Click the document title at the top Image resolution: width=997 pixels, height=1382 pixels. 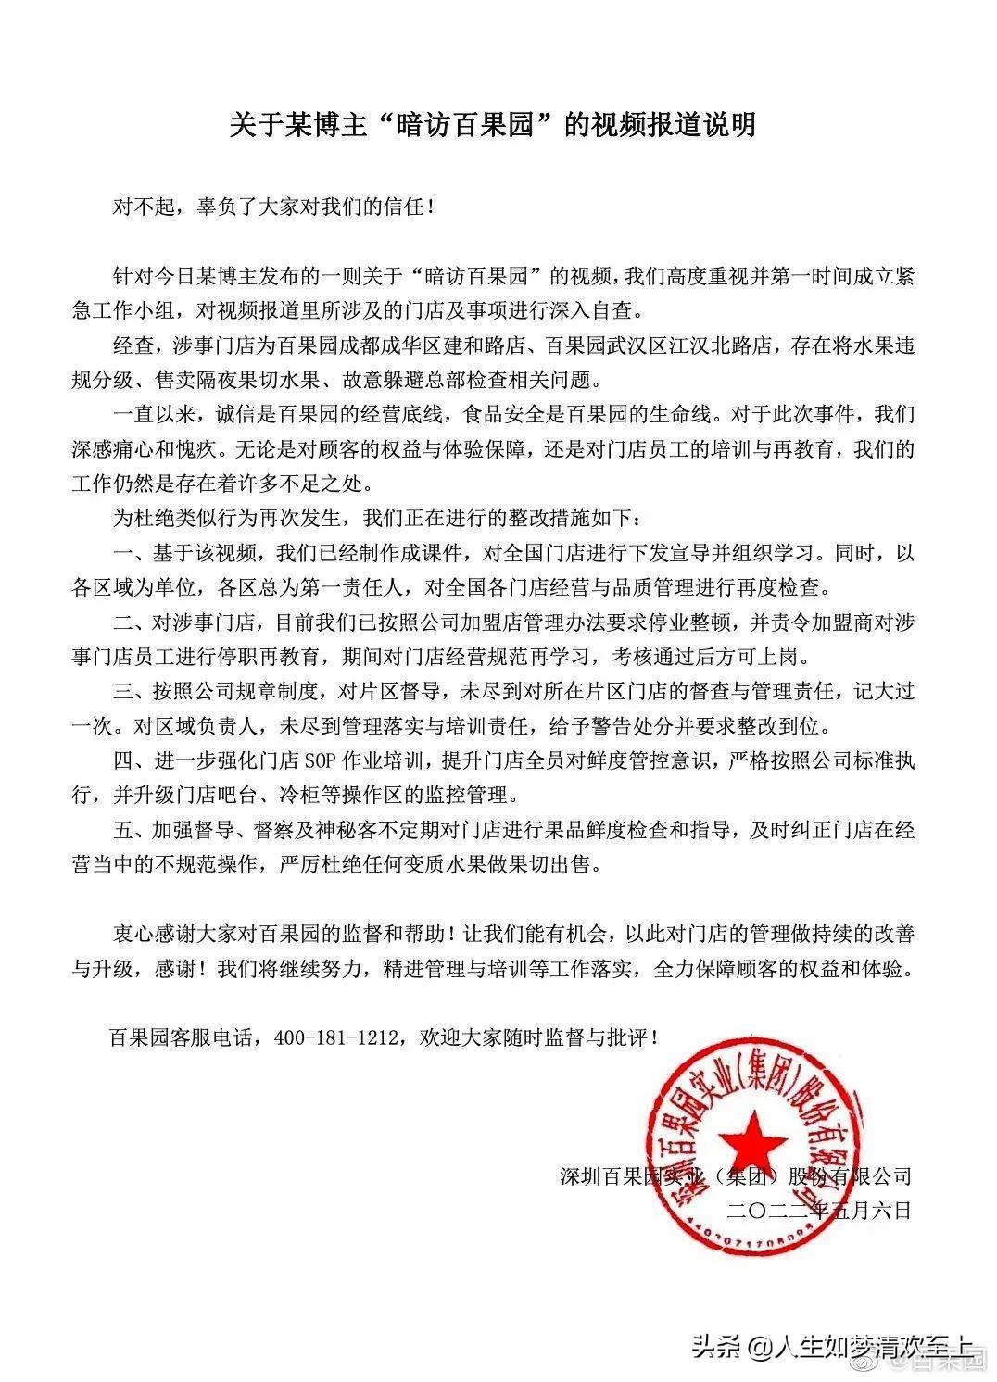click(492, 124)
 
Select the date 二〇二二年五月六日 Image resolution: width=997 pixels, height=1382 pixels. click(821, 1210)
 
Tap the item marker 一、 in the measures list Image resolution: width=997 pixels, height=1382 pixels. click(125, 554)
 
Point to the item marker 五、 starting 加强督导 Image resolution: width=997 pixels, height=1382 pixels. click(125, 830)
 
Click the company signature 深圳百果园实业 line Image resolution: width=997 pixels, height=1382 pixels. click(737, 1176)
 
